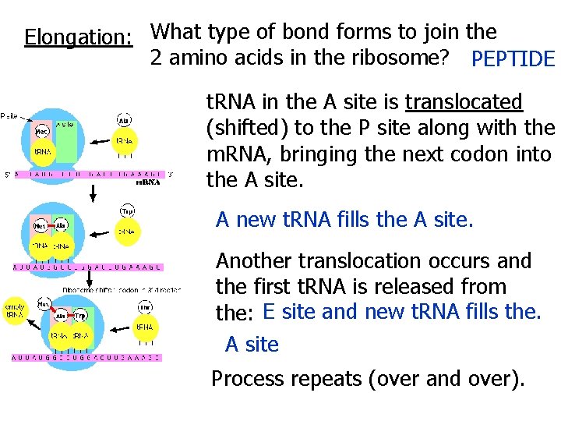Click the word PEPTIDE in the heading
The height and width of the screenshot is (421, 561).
pos(513,59)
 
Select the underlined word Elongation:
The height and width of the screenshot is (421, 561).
pos(77,37)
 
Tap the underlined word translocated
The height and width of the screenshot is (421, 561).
pos(464,102)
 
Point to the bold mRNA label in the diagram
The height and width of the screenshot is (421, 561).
pos(148,183)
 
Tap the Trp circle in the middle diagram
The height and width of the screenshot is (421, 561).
pos(126,210)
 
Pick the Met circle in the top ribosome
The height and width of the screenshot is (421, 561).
pos(42,131)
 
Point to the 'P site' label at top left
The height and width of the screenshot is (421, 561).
pos(10,115)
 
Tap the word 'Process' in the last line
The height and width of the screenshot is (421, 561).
pos(249,380)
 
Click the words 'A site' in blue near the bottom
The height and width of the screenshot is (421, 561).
pos(252,344)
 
